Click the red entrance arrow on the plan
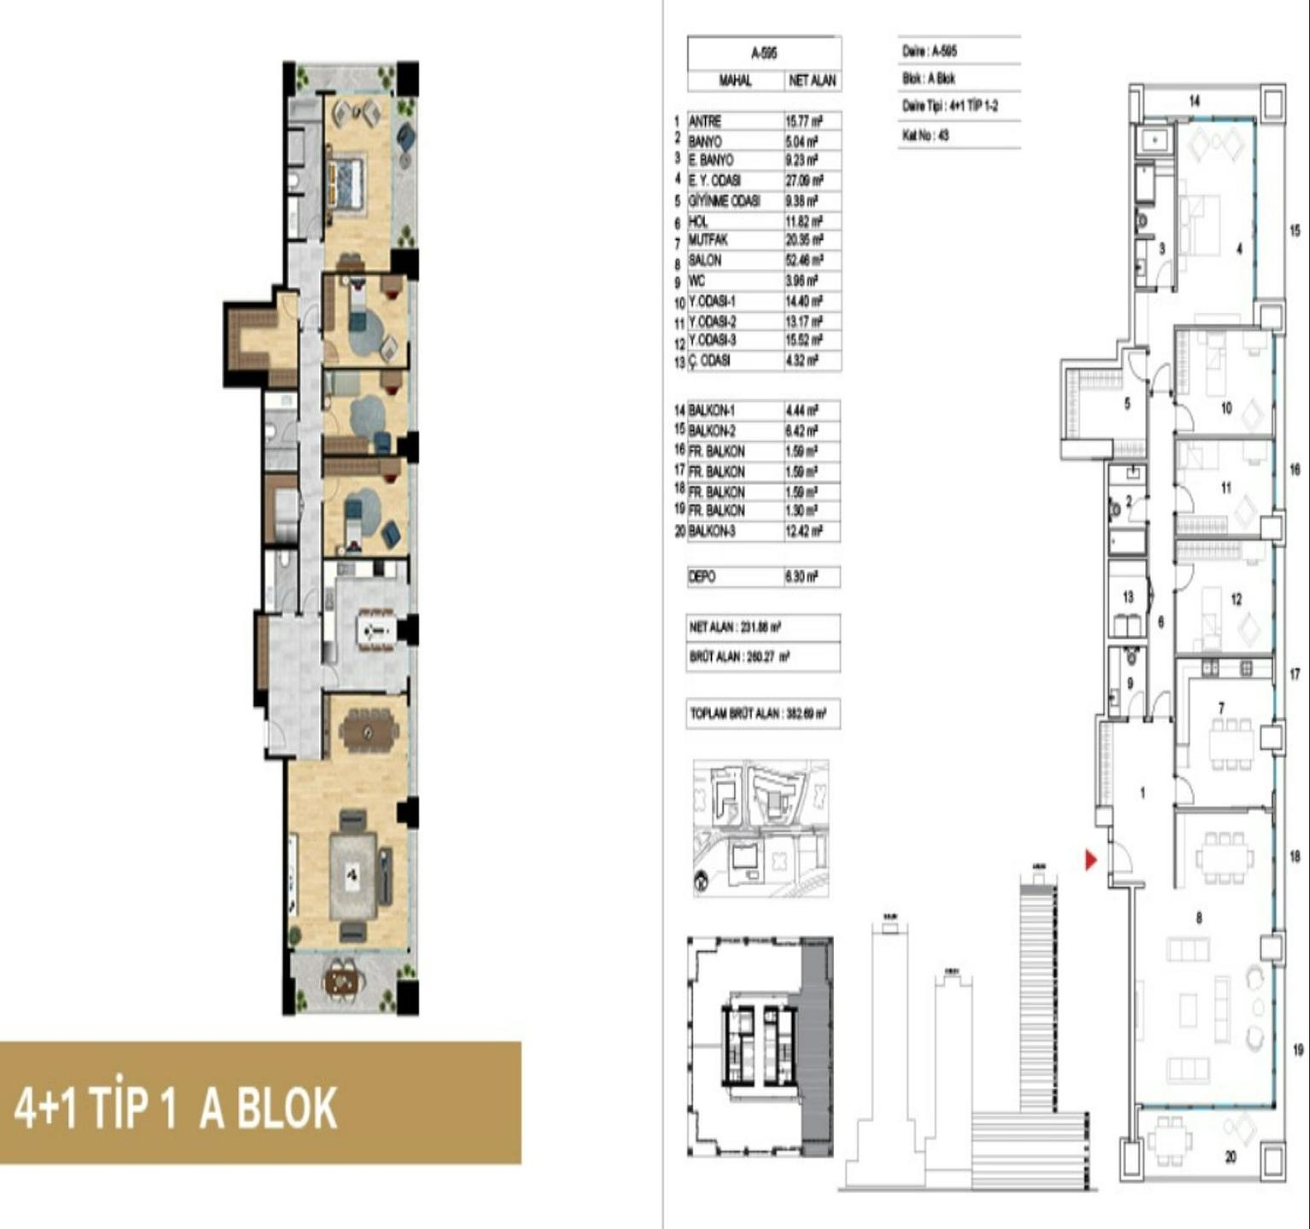(x=1091, y=859)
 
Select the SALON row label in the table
(x=705, y=260)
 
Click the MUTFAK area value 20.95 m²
(x=803, y=240)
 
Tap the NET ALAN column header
(x=812, y=81)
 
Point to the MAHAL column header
(x=736, y=81)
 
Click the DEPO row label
(x=702, y=577)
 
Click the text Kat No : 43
(x=926, y=135)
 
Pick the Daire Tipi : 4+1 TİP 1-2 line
(x=950, y=106)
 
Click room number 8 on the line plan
(x=1199, y=918)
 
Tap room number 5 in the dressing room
(x=1127, y=403)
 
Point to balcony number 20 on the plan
(x=1230, y=1157)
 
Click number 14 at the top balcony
(x=1195, y=101)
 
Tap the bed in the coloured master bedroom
(x=346, y=181)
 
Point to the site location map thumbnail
(x=760, y=828)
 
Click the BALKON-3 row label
(x=712, y=531)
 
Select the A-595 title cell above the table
(x=764, y=53)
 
